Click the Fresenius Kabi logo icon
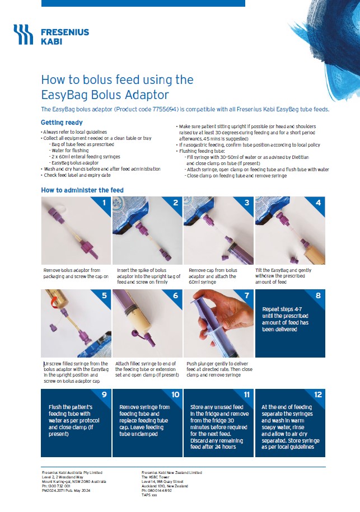(x=24, y=35)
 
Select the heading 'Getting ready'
(x=62, y=123)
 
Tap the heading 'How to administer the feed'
(x=82, y=190)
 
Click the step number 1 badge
(x=104, y=203)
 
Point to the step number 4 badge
(x=318, y=203)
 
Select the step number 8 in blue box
(x=318, y=296)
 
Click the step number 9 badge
(x=104, y=394)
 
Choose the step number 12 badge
(x=318, y=394)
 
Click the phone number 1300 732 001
(x=59, y=486)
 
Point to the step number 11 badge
(x=247, y=394)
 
